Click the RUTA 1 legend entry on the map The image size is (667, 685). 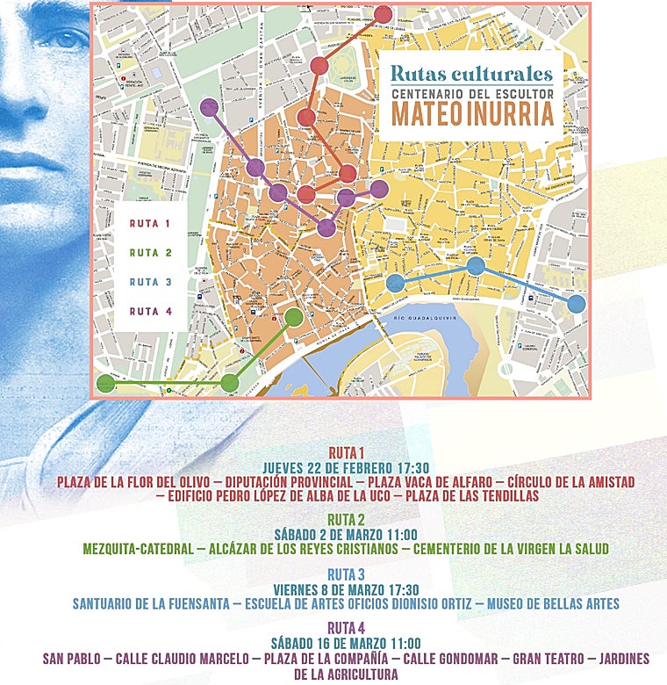point(149,224)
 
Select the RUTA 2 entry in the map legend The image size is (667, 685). point(149,253)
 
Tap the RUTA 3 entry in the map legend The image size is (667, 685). point(149,282)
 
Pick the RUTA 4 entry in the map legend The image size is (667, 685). point(149,311)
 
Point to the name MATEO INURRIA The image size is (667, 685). point(472,114)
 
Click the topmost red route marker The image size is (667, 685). point(384,14)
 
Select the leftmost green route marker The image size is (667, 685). point(105,383)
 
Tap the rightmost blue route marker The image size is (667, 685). point(576,304)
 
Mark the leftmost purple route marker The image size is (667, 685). point(210,108)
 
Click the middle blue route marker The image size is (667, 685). point(476,265)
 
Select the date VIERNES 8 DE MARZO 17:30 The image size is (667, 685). point(346,589)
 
